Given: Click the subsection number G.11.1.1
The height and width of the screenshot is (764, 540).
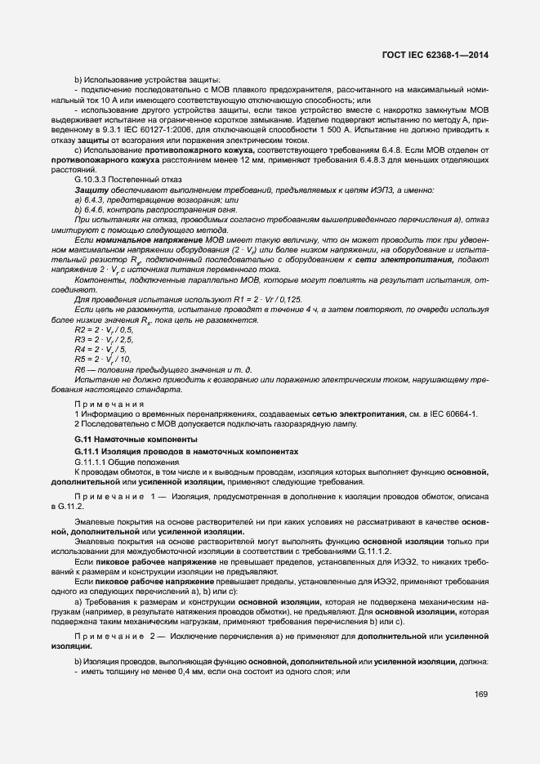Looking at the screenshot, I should coord(92,462).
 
